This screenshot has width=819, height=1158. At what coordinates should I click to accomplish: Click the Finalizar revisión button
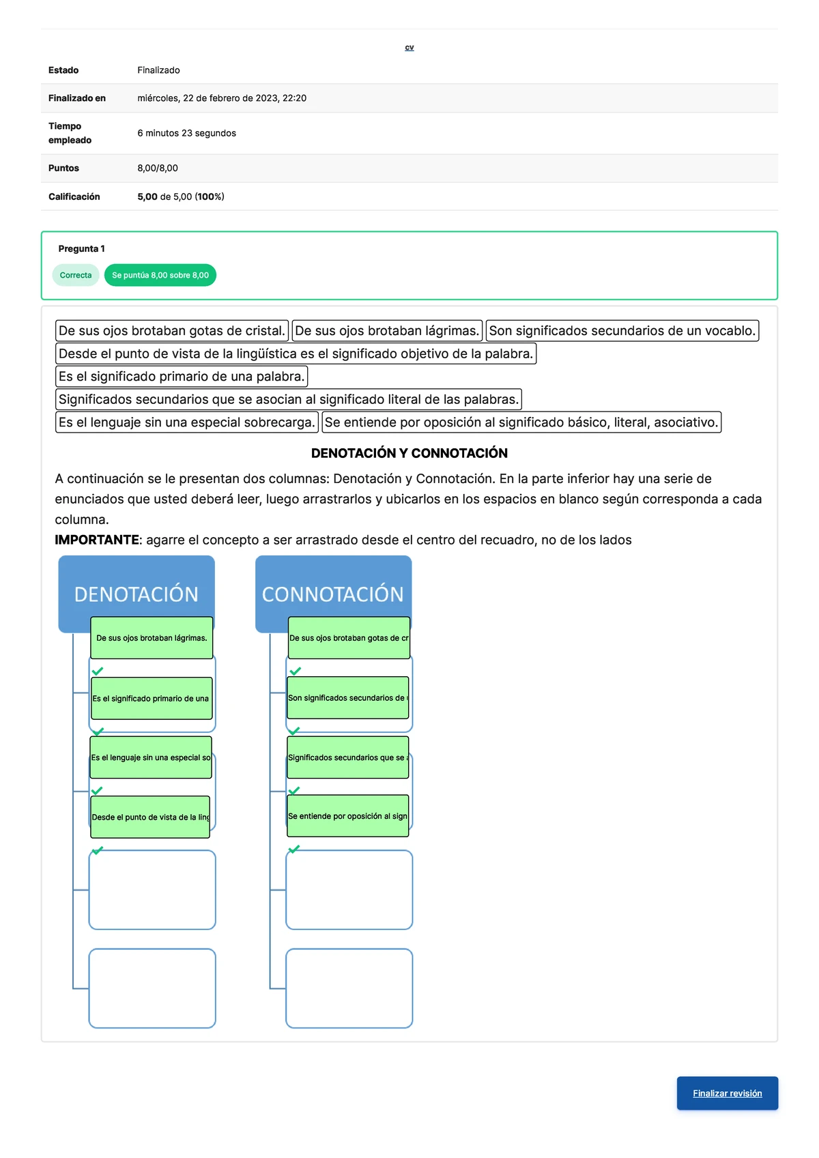tap(727, 1093)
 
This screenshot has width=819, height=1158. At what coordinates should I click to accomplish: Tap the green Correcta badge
tap(75, 275)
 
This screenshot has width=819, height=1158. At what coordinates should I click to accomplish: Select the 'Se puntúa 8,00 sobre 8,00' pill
tap(160, 275)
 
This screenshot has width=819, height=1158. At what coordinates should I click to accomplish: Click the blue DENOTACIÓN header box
tap(136, 588)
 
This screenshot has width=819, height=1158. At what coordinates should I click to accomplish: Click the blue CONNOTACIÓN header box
tap(333, 588)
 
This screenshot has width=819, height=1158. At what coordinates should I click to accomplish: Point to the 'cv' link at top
tap(409, 48)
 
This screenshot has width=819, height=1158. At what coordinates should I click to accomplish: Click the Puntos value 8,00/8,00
tap(158, 168)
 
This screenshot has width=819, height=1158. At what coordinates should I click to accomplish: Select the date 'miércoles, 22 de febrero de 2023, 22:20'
tap(222, 98)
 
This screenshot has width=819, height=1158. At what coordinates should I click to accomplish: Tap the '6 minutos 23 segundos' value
tap(186, 133)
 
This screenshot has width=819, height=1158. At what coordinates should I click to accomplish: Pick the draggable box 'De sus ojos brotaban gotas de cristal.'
tap(171, 331)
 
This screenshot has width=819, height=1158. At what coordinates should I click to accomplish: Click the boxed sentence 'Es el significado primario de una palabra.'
tap(181, 377)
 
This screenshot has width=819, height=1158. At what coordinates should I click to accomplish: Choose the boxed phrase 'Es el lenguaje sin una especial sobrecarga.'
tap(186, 422)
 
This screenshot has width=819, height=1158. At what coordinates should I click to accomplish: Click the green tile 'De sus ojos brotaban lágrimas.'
tap(152, 638)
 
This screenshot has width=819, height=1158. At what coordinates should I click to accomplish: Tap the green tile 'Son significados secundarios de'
tap(348, 698)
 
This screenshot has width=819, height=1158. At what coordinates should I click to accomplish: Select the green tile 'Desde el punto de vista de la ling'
tap(150, 817)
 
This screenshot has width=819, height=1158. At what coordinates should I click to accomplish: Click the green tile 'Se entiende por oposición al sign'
tap(348, 816)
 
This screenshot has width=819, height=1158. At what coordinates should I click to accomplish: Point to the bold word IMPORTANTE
tap(97, 540)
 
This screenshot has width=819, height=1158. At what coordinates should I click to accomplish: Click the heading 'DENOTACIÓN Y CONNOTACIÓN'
tap(409, 453)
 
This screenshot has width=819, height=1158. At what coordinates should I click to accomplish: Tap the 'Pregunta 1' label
tap(81, 248)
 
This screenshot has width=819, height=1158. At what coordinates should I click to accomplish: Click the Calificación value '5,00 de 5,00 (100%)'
tap(181, 197)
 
